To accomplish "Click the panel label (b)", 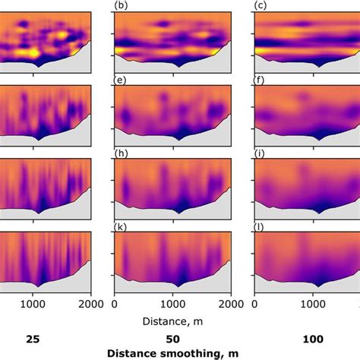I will [x=120, y=6].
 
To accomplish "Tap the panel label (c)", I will [x=259, y=6].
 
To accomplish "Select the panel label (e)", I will [x=120, y=79].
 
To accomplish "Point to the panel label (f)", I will [x=259, y=79].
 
